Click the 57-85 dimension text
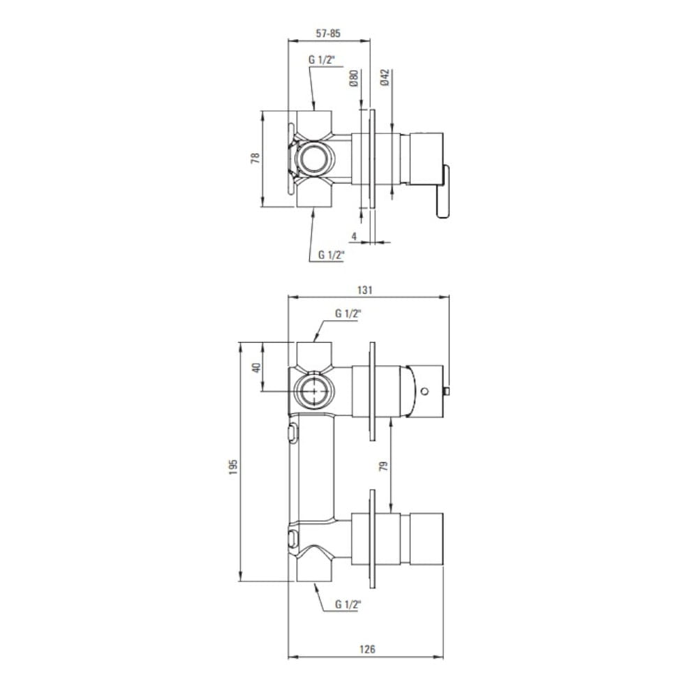point(328,34)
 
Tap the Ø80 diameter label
point(354,78)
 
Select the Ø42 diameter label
point(385,77)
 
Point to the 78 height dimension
point(255,158)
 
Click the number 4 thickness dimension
point(355,236)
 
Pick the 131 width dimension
point(364,290)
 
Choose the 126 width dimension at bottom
point(367,649)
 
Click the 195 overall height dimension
point(234,467)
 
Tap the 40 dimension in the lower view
point(256,368)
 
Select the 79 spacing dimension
point(383,466)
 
